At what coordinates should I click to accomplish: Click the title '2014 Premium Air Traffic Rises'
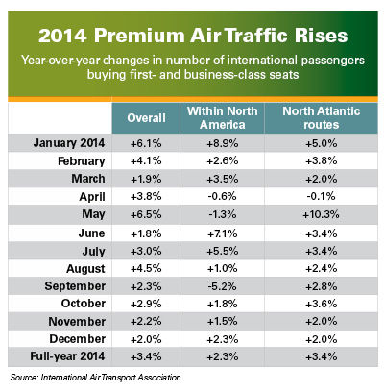pyautogui.click(x=193, y=36)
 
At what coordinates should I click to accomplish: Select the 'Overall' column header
pyautogui.click(x=146, y=118)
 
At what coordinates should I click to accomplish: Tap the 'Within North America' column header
pyautogui.click(x=223, y=118)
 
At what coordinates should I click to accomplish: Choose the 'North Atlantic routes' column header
pyautogui.click(x=322, y=118)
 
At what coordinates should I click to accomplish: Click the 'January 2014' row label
pyautogui.click(x=69, y=143)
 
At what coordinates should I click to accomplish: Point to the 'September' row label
pyautogui.click(x=75, y=286)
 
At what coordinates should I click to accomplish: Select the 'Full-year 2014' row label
pyautogui.click(x=67, y=356)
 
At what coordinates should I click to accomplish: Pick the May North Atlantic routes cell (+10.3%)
pyautogui.click(x=321, y=214)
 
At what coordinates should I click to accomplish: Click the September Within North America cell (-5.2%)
pyautogui.click(x=222, y=286)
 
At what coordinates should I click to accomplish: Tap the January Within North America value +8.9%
pyautogui.click(x=223, y=143)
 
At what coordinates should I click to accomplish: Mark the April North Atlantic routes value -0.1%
pyautogui.click(x=321, y=196)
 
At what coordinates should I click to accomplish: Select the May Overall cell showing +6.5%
pyautogui.click(x=146, y=214)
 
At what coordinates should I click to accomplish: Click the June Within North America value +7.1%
pyautogui.click(x=223, y=233)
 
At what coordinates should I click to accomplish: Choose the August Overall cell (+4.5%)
pyautogui.click(x=146, y=268)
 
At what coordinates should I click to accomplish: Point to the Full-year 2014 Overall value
pyautogui.click(x=146, y=356)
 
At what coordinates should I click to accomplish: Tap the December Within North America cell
pyautogui.click(x=223, y=339)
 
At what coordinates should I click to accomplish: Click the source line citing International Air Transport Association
pyautogui.click(x=95, y=378)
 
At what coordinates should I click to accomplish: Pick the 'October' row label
pyautogui.click(x=84, y=304)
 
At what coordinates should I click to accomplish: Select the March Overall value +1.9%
pyautogui.click(x=146, y=179)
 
